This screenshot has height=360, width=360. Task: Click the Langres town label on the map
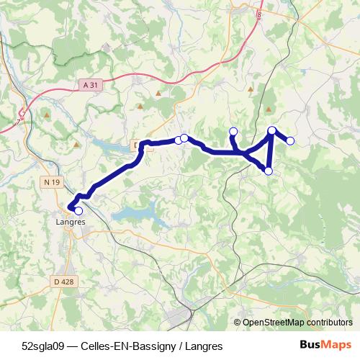click(x=71, y=222)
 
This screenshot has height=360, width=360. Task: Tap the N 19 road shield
click(x=50, y=183)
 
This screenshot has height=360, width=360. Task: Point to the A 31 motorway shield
click(x=89, y=85)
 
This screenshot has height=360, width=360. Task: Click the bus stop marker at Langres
click(x=78, y=211)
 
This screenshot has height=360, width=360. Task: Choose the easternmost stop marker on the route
click(x=290, y=140)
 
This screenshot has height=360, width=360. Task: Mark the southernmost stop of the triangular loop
click(x=269, y=171)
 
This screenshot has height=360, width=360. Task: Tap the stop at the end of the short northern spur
click(x=233, y=131)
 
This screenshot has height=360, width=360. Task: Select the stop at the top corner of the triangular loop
click(x=272, y=130)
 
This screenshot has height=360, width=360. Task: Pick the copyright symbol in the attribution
click(x=238, y=323)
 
